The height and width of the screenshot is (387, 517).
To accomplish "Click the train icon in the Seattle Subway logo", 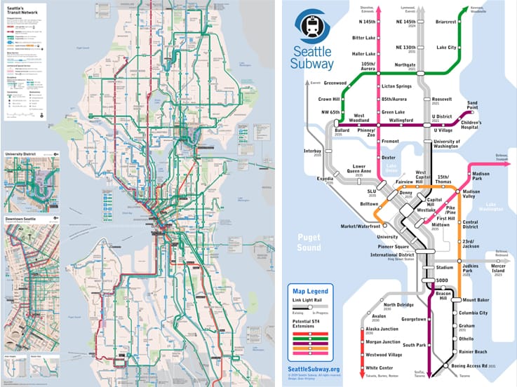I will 310,27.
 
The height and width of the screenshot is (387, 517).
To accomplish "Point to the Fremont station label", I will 389,142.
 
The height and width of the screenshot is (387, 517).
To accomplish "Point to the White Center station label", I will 380,367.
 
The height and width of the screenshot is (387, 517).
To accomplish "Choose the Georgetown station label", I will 414,319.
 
